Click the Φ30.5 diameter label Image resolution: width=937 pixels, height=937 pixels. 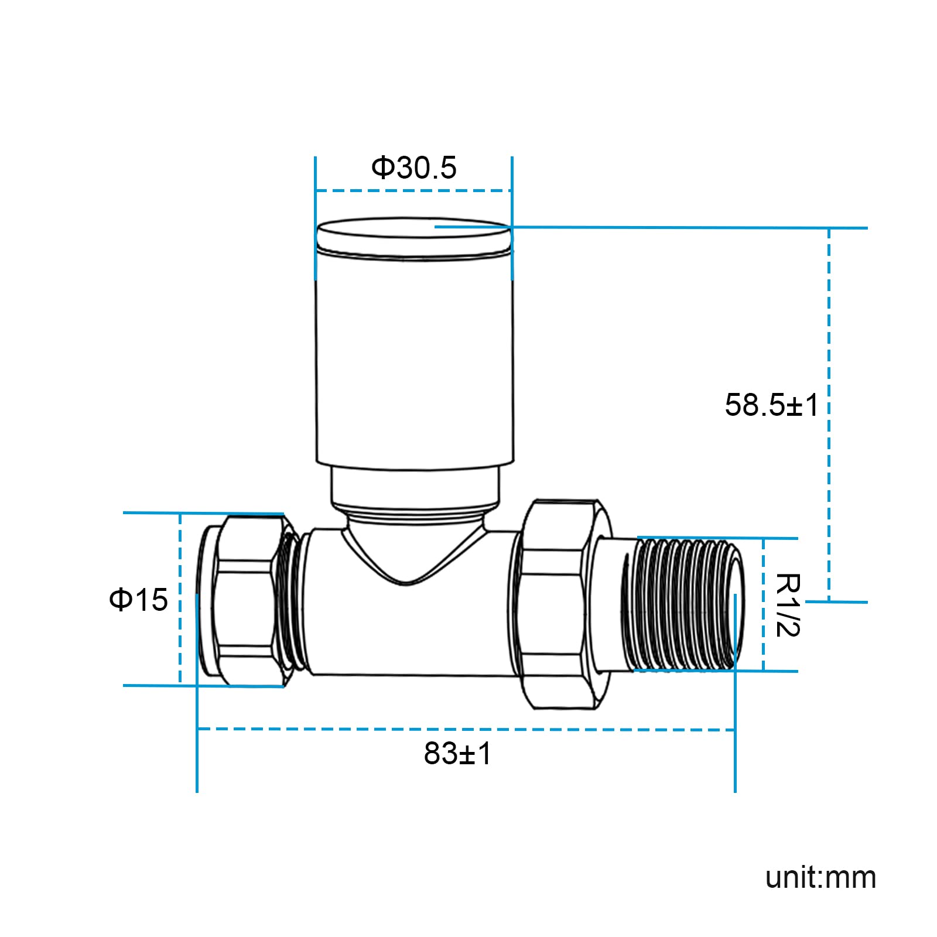[x=413, y=167]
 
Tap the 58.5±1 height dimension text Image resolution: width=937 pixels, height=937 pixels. [x=771, y=405]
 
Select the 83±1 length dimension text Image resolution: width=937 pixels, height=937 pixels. [x=457, y=754]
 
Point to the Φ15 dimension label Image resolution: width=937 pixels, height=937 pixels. [x=138, y=600]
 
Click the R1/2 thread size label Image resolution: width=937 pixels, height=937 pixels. [x=788, y=604]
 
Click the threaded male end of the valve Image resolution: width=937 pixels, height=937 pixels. [x=682, y=604]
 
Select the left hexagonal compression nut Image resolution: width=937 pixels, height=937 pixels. [x=246, y=600]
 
